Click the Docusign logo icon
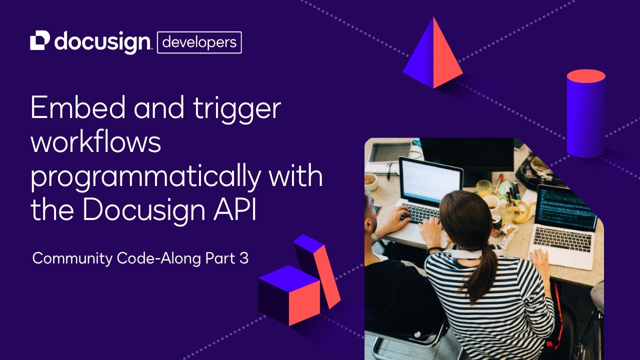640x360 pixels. tap(40, 41)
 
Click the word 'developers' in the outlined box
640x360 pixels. tap(199, 42)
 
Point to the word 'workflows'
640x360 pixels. tap(96, 142)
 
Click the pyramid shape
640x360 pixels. tap(433, 54)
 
